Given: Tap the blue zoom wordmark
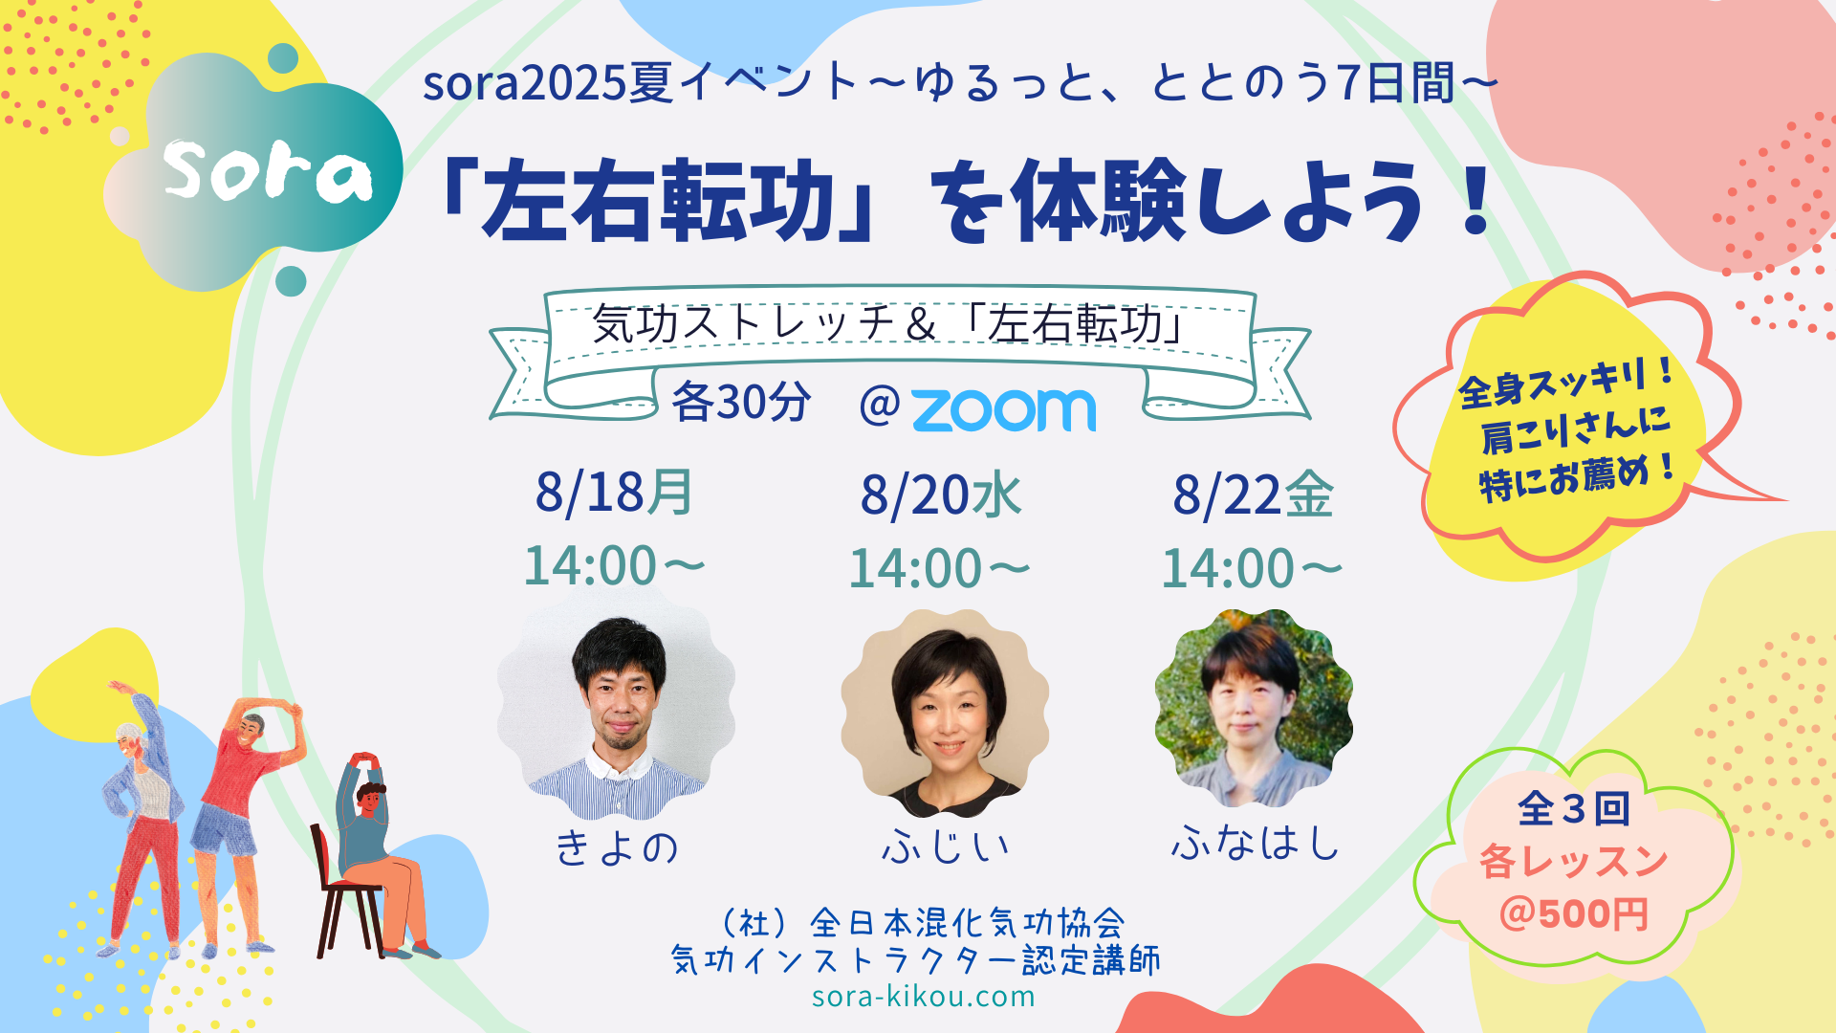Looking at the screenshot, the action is coord(1004,409).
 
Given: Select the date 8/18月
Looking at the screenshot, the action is coord(615,494).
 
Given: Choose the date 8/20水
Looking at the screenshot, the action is coord(941,495).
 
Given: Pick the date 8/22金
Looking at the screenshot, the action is coord(1253,495).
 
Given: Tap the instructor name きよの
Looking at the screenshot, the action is coord(617,847).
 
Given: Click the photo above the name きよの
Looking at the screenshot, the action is coord(617,704).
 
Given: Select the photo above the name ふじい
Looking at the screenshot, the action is coord(945,714).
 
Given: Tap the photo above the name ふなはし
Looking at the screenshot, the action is coord(1254,708).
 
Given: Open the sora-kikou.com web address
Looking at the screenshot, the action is coord(924,997).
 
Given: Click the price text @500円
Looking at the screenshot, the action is coord(1574,913).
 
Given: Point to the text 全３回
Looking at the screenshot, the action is coord(1574,808).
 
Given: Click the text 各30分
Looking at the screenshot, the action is coord(741,402).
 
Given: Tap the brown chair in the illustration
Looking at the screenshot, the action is coord(346,894).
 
